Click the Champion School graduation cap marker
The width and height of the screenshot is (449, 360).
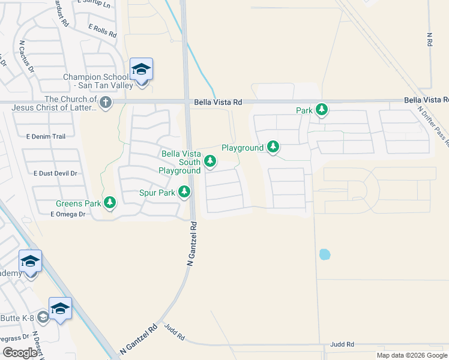point(141,70)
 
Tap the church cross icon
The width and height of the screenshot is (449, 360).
point(106,102)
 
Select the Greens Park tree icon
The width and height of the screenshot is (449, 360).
point(109,203)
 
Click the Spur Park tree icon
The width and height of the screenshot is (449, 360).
point(184,193)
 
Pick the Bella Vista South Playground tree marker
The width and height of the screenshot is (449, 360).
point(210,160)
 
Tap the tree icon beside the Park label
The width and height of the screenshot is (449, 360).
point(322,110)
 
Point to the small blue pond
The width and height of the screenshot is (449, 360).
point(325,254)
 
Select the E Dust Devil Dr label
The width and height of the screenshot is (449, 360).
point(56,173)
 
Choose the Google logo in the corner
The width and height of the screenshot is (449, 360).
point(20,353)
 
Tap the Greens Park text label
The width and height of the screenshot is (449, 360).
point(79,203)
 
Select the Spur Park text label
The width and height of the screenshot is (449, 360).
point(157,193)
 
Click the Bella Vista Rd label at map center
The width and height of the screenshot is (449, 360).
point(218,103)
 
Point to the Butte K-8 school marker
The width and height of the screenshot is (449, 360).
point(60,308)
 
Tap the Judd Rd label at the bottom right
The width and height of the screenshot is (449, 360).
point(342,344)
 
